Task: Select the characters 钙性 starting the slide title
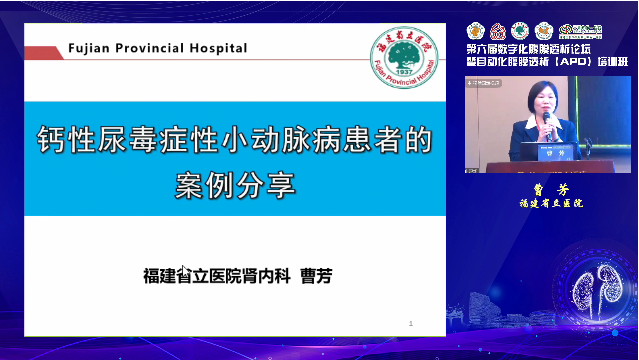[x=63, y=141]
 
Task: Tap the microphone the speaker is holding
[x=548, y=122]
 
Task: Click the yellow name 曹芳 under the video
[x=545, y=188]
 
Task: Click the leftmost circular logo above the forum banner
[x=476, y=29]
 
